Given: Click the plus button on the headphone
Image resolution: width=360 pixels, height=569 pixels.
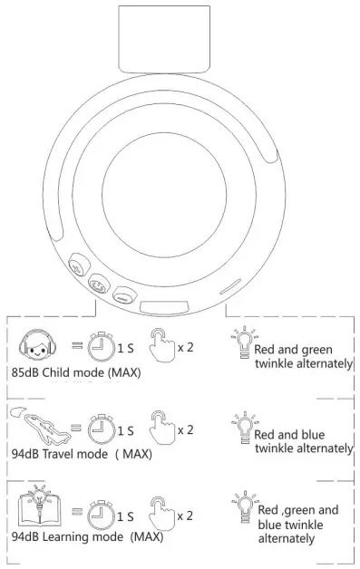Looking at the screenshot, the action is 79,265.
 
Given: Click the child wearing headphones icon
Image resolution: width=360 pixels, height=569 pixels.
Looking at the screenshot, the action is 37,345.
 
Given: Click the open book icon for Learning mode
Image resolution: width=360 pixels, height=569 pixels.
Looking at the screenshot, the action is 39,506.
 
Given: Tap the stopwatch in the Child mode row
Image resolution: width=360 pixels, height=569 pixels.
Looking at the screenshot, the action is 102,346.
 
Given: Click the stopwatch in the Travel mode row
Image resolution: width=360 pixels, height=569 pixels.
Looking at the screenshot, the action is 102,429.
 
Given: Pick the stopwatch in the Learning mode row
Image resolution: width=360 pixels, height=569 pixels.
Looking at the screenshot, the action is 101,515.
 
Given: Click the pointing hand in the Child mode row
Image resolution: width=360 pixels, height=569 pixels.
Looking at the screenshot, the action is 161,344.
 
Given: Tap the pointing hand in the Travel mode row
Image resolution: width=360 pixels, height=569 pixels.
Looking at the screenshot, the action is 161,428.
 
